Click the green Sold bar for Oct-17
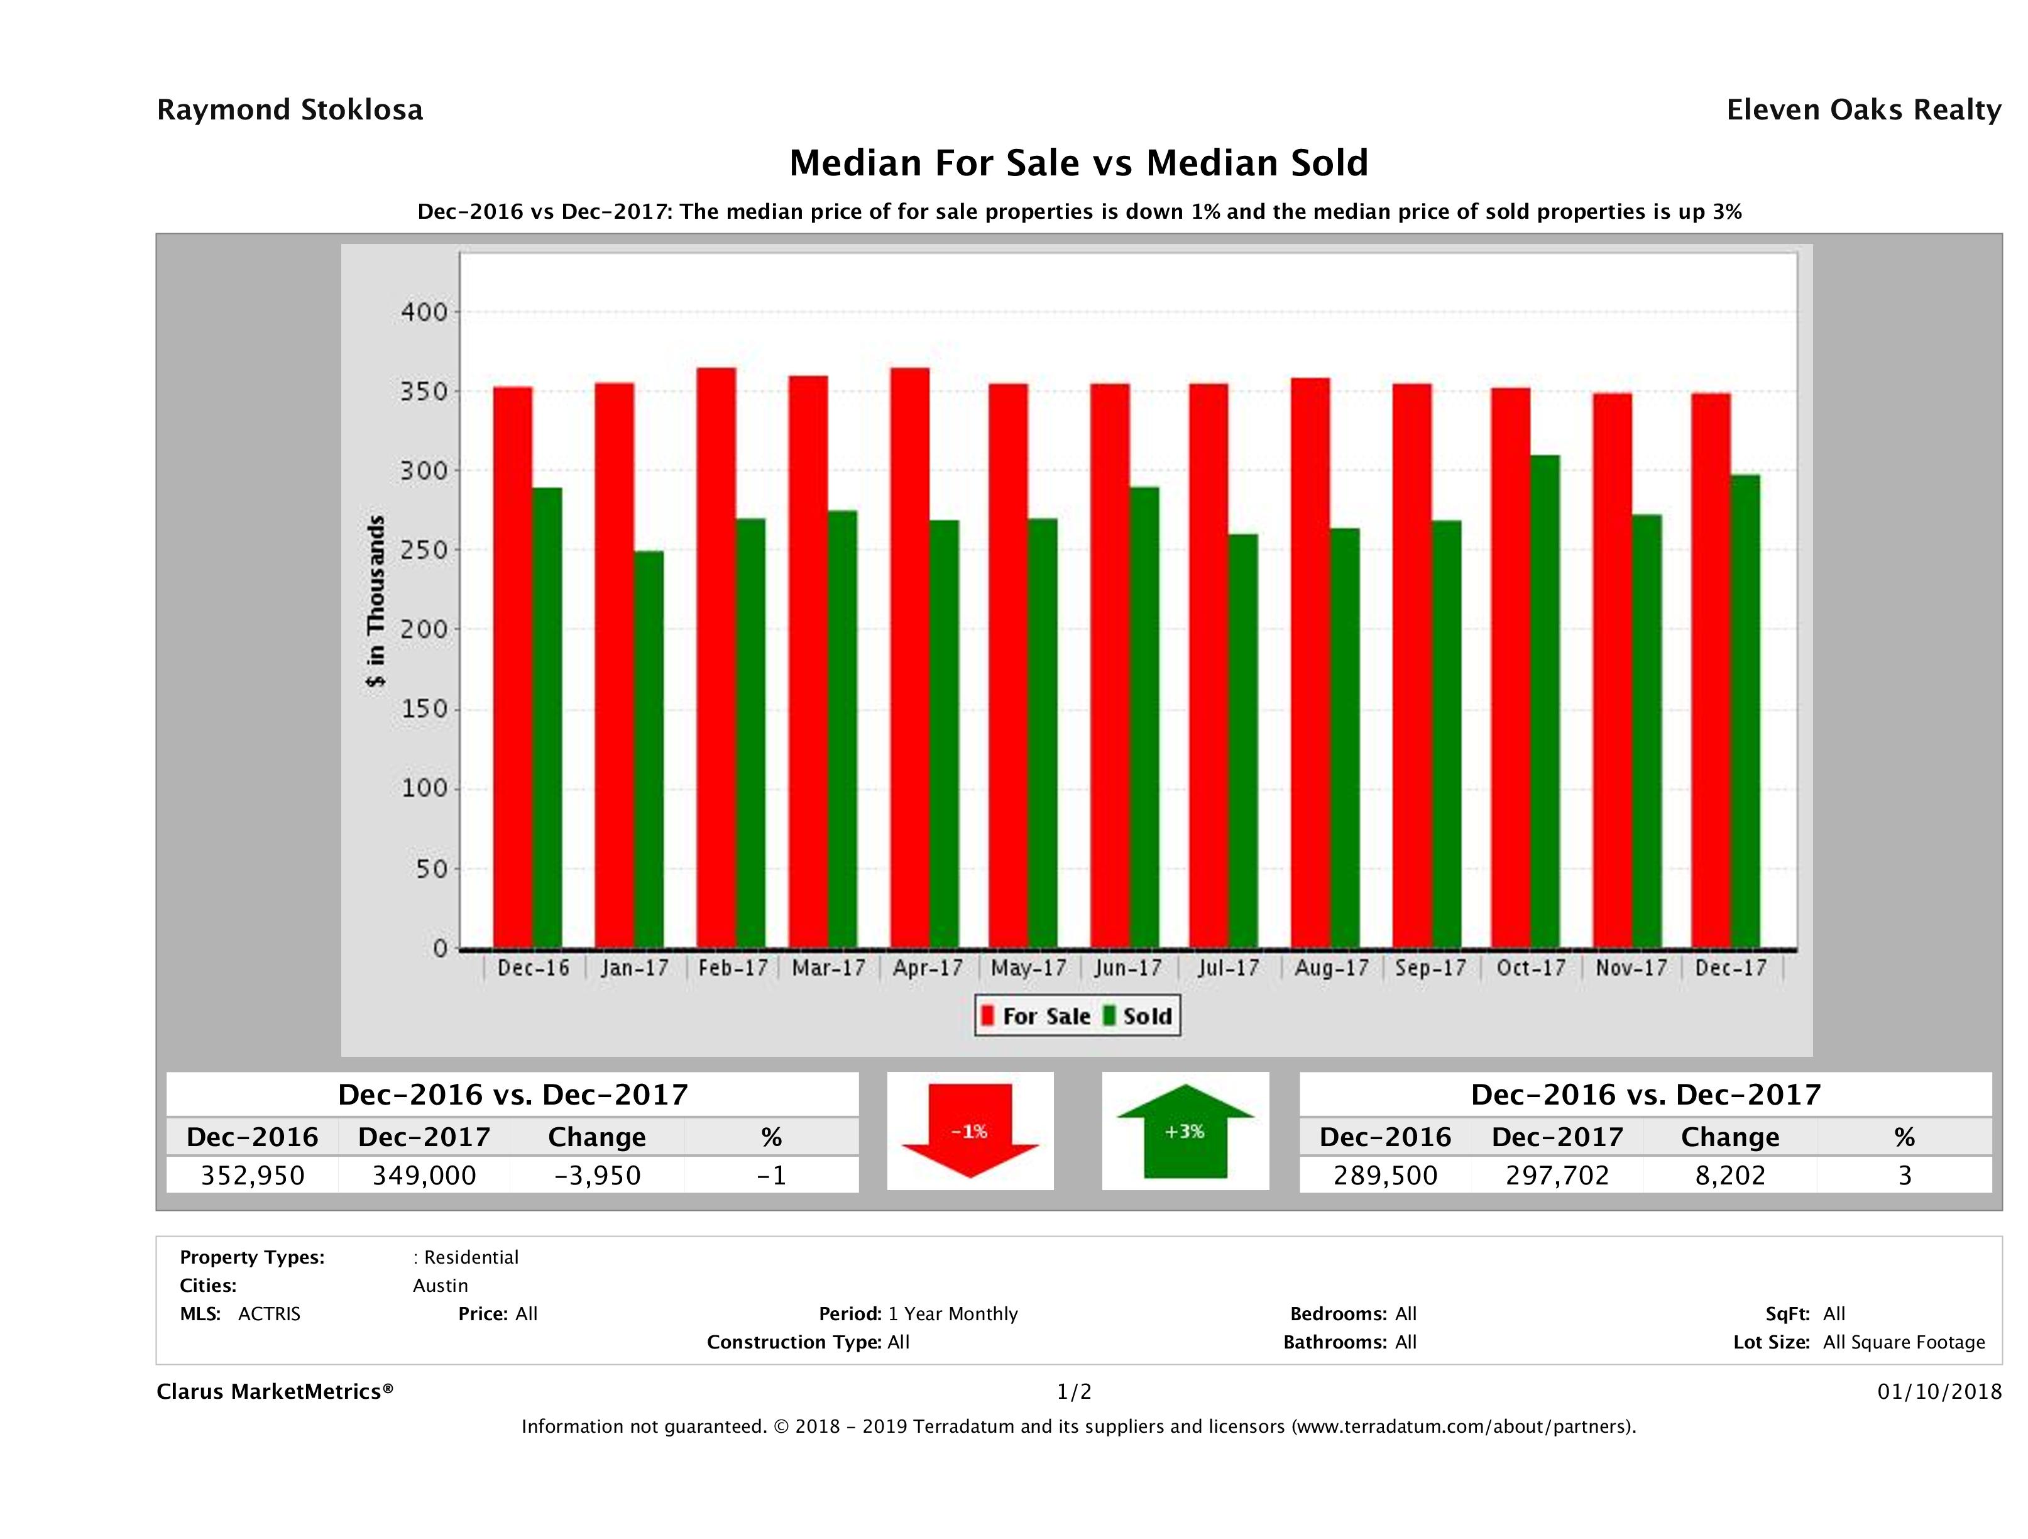tap(1545, 702)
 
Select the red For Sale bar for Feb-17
tap(716, 658)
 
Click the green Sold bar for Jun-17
tap(1144, 717)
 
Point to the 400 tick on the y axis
tap(424, 312)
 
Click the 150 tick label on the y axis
tap(424, 709)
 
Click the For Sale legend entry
tap(1036, 1016)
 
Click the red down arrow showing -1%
tap(970, 1131)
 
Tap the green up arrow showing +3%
tap(1185, 1131)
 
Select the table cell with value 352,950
tap(253, 1175)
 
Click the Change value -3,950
tap(597, 1175)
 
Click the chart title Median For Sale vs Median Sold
tap(1078, 163)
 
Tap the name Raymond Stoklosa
tap(290, 110)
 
